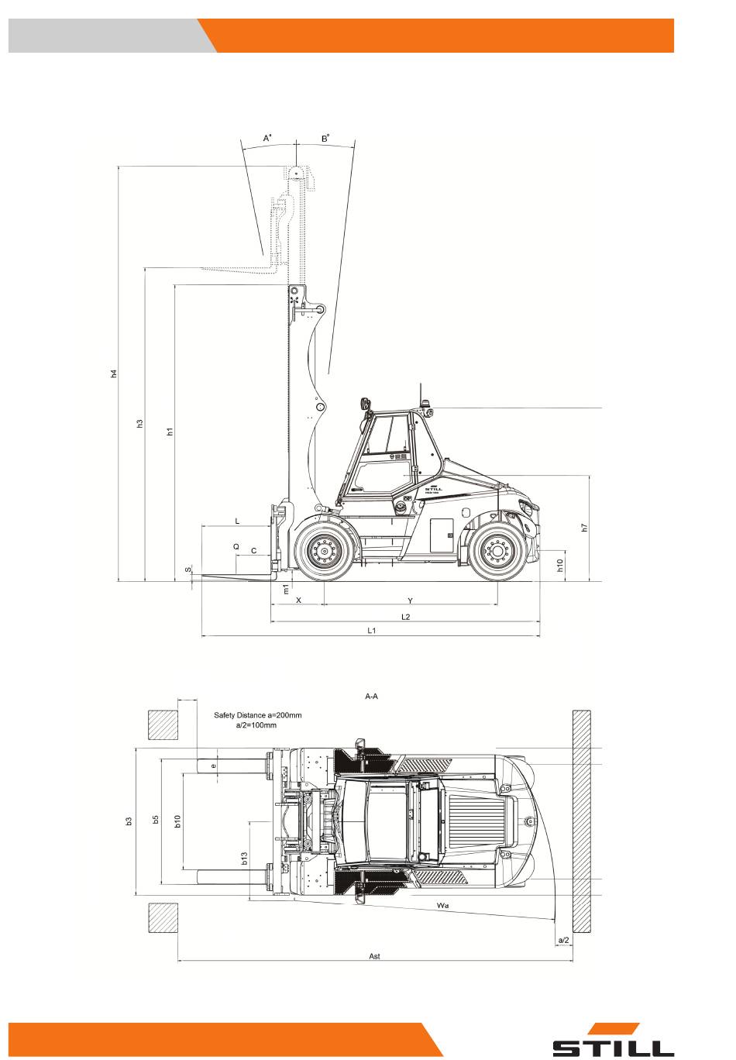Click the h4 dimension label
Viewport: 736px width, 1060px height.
(x=114, y=373)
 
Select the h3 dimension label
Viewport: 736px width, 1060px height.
(x=140, y=424)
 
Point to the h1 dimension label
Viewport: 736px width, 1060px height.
(x=170, y=432)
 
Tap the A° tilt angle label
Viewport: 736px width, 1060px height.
(x=268, y=138)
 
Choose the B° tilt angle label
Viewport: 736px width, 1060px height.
(x=325, y=138)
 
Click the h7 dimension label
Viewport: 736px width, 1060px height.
(x=585, y=528)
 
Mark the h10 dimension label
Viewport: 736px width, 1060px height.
(x=560, y=565)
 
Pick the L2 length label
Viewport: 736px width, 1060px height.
(x=405, y=617)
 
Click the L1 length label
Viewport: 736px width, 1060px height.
(x=372, y=630)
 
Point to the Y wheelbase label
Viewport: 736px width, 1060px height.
(x=410, y=601)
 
